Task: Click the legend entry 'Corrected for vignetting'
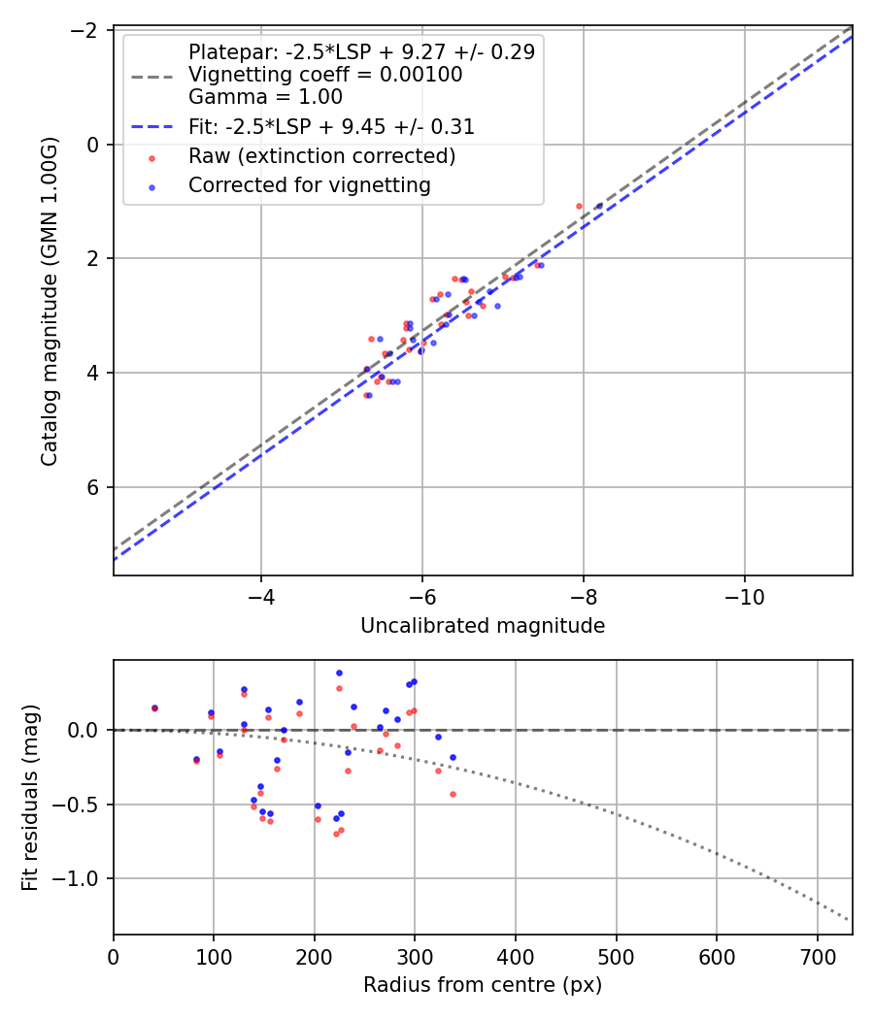[x=309, y=184]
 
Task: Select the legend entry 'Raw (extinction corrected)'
[x=321, y=156]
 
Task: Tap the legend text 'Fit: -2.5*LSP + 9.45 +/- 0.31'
[x=331, y=127]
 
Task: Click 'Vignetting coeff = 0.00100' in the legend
[x=325, y=75]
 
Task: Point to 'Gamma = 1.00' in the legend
[x=265, y=97]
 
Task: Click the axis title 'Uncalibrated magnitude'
[x=483, y=626]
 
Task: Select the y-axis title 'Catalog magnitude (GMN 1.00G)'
[x=50, y=302]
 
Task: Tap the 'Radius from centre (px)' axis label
[x=483, y=985]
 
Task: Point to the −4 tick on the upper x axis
[x=260, y=593]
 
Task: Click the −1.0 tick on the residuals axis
[x=82, y=878]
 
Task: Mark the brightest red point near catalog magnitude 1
[x=579, y=206]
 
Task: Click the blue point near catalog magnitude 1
[x=598, y=206]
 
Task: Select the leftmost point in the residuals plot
[x=154, y=708]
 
